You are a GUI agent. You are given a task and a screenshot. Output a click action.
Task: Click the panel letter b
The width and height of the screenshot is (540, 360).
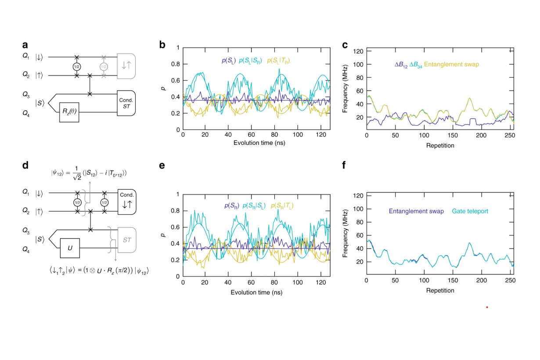coord(162,45)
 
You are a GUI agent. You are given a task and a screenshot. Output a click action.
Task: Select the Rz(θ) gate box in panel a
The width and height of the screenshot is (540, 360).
coord(69,112)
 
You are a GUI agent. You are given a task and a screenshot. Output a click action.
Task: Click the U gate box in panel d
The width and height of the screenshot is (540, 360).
coord(69,248)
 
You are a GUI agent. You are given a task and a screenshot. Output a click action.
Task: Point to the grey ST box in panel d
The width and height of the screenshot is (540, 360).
coord(126,240)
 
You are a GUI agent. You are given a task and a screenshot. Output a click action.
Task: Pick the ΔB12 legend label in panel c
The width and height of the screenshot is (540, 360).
coord(401,65)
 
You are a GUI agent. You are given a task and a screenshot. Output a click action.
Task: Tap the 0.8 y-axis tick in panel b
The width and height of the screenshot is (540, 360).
coord(175,64)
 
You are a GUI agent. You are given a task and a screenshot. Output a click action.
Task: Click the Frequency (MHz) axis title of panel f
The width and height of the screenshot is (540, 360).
coord(346,232)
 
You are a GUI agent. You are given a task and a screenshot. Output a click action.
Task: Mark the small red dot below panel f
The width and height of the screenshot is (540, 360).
coord(487,307)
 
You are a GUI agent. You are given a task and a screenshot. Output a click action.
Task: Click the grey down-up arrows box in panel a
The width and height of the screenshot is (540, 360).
coord(126,66)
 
